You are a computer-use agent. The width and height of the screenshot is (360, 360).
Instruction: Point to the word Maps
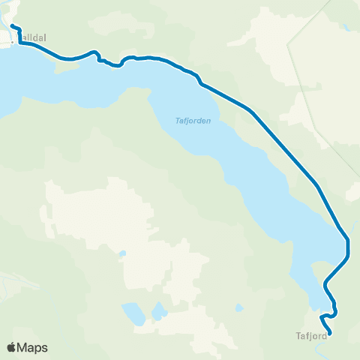click(x=32, y=348)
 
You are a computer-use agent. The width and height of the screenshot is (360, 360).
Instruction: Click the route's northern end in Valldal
click(x=12, y=28)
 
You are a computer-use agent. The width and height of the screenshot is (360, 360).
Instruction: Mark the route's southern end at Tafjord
click(x=330, y=333)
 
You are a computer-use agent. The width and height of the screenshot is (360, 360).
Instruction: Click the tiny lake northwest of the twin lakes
click(x=122, y=253)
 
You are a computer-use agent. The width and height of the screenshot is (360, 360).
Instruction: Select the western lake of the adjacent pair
click(x=133, y=313)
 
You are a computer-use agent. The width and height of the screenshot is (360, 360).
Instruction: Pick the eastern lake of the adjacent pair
click(x=158, y=310)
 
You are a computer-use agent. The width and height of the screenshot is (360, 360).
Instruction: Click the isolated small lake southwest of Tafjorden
click(x=238, y=307)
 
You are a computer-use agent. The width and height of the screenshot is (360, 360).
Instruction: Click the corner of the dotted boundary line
click(x=330, y=1)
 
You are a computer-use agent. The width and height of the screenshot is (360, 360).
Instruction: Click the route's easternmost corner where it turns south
click(x=348, y=241)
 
